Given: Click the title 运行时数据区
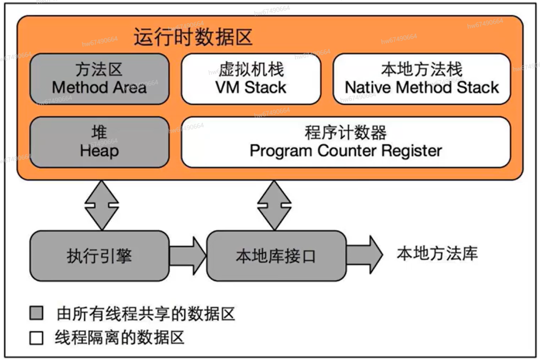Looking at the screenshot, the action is (193, 37).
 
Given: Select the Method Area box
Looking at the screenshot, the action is (100, 79).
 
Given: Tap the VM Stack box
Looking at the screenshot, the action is (251, 79).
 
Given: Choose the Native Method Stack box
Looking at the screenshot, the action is (422, 79).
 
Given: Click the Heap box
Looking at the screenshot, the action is (100, 142).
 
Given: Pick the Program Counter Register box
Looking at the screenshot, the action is (346, 142).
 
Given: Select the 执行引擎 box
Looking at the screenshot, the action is (100, 256).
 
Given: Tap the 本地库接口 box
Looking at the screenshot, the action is (276, 256).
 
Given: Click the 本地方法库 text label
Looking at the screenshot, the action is (437, 254).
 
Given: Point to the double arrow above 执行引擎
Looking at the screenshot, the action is (102, 206).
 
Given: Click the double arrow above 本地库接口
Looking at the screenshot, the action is (274, 206).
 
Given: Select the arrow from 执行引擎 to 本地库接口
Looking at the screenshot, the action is (188, 256).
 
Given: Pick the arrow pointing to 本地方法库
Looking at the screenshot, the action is (365, 255).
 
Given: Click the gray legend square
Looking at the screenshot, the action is (36, 313).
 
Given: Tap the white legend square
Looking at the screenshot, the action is (36, 338).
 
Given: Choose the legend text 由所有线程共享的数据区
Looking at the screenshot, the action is (146, 314).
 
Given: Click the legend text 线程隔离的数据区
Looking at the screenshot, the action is (120, 338).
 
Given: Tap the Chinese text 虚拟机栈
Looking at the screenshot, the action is (251, 69).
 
